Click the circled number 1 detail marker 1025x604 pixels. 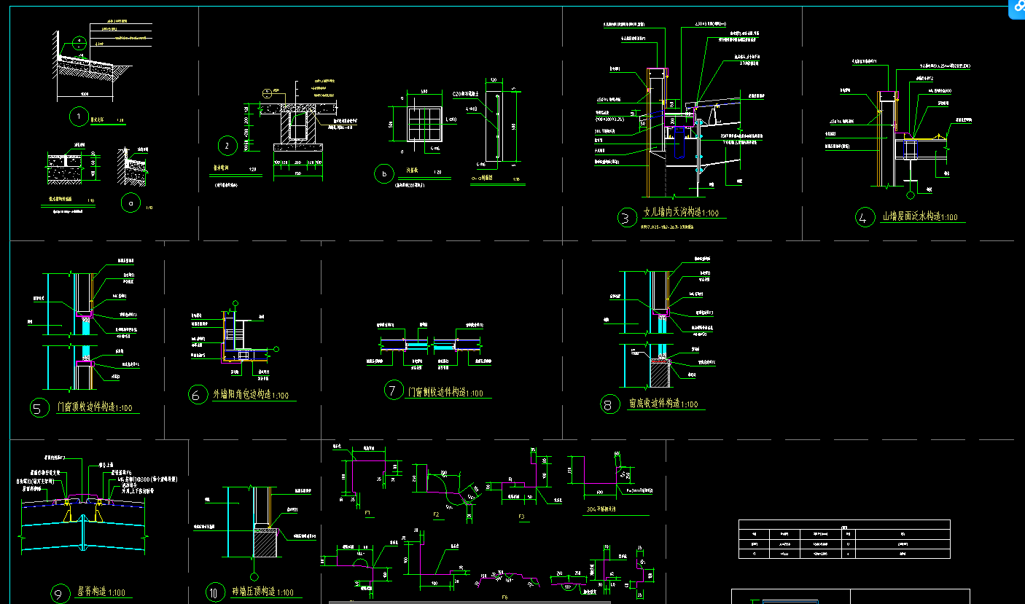point(77,116)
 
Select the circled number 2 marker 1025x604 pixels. point(227,146)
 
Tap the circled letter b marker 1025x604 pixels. point(383,174)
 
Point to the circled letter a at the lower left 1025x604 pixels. point(131,203)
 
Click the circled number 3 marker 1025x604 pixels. point(625,217)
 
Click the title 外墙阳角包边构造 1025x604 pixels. point(249,395)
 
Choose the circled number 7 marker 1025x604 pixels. point(394,391)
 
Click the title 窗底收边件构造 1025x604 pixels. point(662,404)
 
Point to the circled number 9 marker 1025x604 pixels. point(60,595)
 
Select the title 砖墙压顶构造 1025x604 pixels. point(263,592)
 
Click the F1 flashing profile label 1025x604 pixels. point(368,513)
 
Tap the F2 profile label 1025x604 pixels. point(437,514)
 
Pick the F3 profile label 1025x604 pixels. point(521,517)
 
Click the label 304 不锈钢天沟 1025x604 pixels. point(607,509)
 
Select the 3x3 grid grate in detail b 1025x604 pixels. point(425,123)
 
